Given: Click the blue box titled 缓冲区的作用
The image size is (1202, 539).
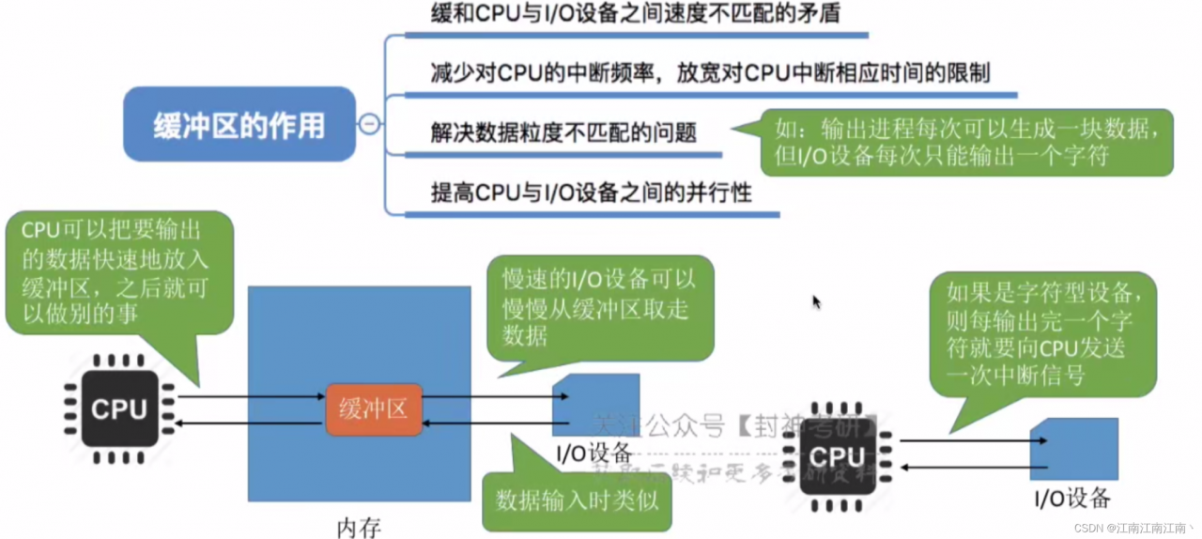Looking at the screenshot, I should [239, 125].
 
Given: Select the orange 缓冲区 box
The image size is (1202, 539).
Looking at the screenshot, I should [374, 409].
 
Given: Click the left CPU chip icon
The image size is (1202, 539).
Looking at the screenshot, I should [119, 409].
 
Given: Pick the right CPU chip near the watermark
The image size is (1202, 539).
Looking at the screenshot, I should [836, 457].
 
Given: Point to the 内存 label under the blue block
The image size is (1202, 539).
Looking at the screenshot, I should [359, 527].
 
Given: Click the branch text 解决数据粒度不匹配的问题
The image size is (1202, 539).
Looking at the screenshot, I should [563, 132].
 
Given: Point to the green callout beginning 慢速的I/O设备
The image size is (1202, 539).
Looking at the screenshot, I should [599, 306].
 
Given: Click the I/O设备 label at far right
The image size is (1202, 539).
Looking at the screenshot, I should [1071, 498].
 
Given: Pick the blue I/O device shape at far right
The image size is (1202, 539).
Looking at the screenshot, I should [1073, 449].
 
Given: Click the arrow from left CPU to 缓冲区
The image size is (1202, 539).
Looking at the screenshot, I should [251, 397].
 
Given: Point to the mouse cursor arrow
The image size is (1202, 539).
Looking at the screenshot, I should [816, 301].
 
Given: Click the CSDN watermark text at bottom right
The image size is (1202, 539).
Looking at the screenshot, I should [1133, 528].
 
